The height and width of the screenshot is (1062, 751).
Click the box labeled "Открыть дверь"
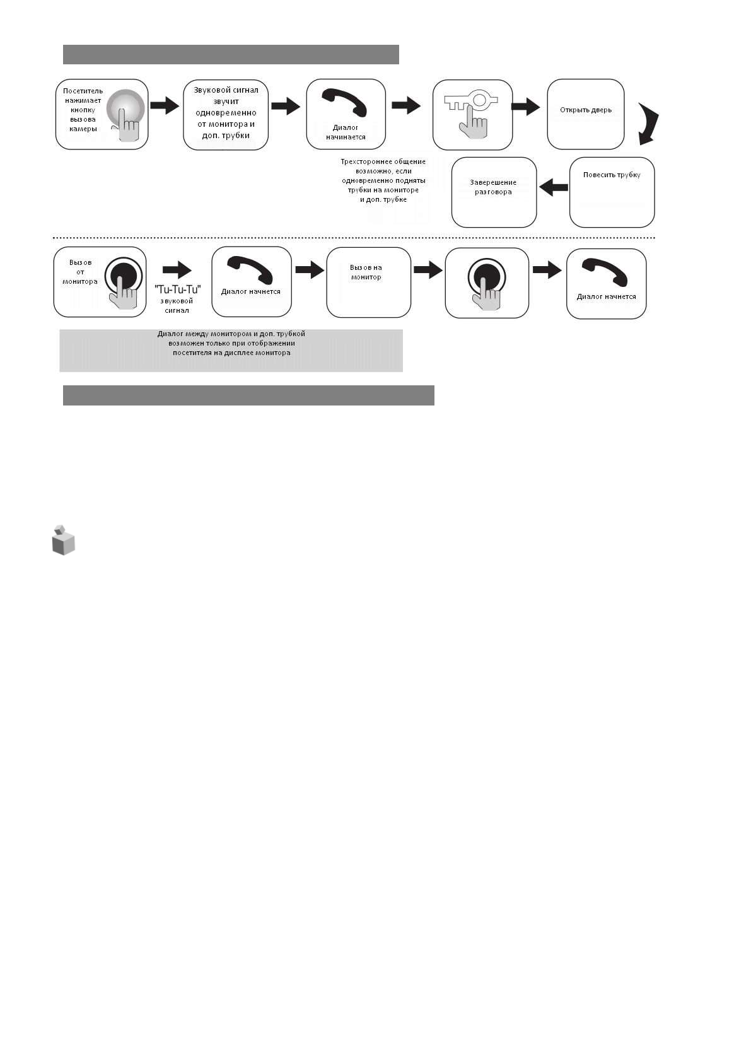point(585,114)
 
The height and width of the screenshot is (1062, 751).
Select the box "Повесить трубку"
point(612,192)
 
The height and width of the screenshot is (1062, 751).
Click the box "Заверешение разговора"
point(494,192)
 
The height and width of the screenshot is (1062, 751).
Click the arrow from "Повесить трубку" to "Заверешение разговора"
point(554,187)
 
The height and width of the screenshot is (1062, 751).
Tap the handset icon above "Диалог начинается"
point(344,102)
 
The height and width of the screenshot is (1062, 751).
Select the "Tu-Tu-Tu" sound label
point(177,289)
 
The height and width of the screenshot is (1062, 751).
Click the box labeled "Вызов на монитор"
point(368,283)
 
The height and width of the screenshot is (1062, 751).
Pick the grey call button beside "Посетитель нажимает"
point(125,110)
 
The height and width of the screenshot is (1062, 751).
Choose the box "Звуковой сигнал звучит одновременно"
point(226,114)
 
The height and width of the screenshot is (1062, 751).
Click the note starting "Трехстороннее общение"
point(383,180)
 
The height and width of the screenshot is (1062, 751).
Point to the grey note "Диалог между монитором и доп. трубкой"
point(231,350)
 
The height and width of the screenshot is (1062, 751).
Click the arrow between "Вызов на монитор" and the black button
point(428,271)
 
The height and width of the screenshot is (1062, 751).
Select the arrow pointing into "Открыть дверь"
point(526,107)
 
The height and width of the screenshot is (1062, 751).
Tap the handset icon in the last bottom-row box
point(605,272)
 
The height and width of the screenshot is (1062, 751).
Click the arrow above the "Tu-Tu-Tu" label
point(177,270)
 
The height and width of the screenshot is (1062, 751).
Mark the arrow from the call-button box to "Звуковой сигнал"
point(165,105)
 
